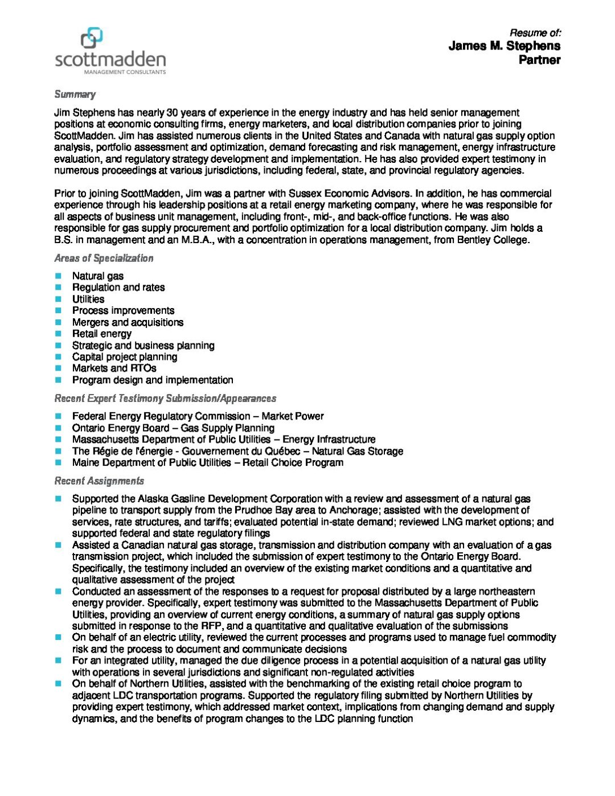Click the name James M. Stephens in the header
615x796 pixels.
pyautogui.click(x=504, y=46)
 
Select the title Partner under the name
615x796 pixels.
pyautogui.click(x=539, y=60)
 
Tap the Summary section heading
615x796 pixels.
pyautogui.click(x=75, y=95)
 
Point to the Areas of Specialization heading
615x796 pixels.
pyautogui.click(x=104, y=259)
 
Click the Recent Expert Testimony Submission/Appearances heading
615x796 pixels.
pyautogui.click(x=165, y=399)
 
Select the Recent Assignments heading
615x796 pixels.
pyautogui.click(x=99, y=481)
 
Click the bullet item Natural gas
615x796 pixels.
pyautogui.click(x=97, y=276)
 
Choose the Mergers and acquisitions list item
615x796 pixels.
pyautogui.click(x=128, y=322)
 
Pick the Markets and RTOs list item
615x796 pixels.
pyautogui.click(x=114, y=368)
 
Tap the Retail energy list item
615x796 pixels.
pyautogui.click(x=101, y=334)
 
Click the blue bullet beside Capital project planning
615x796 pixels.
pyautogui.click(x=58, y=357)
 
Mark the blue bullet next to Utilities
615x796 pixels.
pyautogui.click(x=58, y=299)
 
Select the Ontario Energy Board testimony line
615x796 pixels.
pyautogui.click(x=173, y=428)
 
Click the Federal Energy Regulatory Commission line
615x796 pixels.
pyautogui.click(x=198, y=416)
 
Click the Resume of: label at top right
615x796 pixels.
pyautogui.click(x=535, y=33)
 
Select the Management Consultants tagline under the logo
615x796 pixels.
pyautogui.click(x=125, y=72)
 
